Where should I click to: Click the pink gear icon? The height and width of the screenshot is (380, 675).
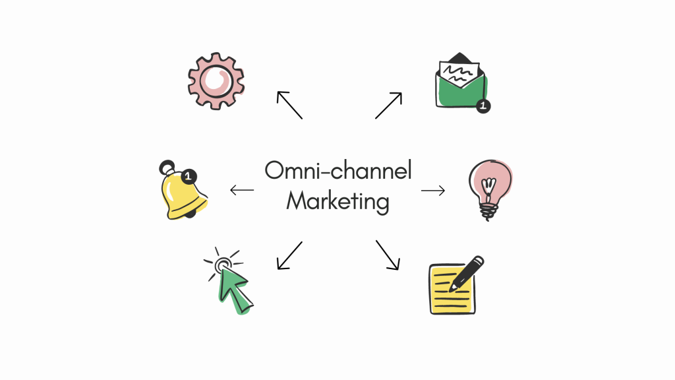(216, 81)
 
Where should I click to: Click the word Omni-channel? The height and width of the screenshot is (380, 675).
(338, 171)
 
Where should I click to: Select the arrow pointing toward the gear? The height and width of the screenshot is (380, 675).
(289, 105)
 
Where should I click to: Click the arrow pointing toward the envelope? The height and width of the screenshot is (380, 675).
(388, 106)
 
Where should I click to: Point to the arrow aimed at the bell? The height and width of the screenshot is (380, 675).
(242, 191)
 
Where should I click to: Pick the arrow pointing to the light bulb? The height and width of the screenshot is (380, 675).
(433, 191)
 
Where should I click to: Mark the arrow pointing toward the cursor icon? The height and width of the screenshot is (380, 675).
(289, 255)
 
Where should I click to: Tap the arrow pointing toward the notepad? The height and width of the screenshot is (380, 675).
(388, 255)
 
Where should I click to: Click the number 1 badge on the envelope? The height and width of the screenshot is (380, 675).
(483, 106)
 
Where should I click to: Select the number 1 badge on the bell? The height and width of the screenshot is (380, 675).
(189, 175)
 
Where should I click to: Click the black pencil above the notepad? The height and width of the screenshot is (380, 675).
(467, 272)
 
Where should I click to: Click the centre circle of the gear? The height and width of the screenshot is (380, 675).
(216, 81)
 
